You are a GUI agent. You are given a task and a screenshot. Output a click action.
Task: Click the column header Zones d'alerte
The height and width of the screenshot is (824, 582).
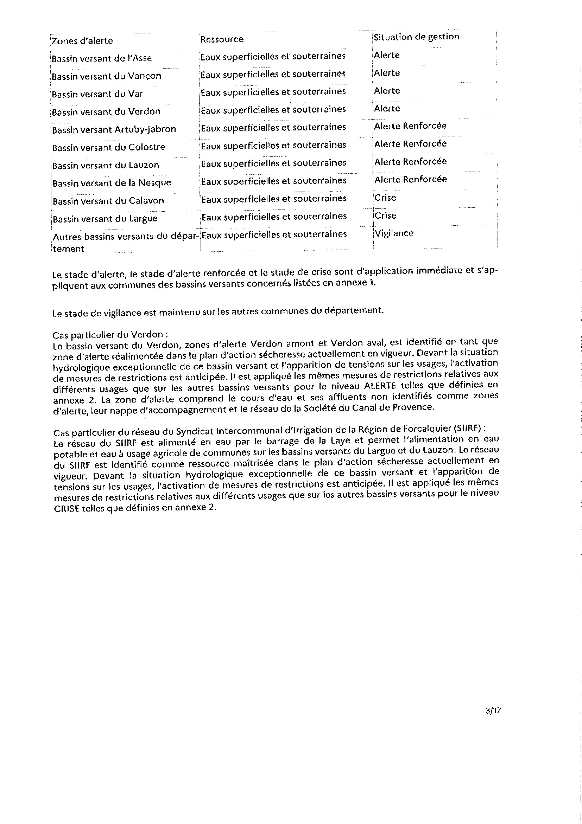[82, 41]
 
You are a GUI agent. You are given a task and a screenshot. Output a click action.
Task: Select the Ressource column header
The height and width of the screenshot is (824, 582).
[222, 39]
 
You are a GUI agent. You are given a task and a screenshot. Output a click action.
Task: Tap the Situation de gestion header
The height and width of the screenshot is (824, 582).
[416, 37]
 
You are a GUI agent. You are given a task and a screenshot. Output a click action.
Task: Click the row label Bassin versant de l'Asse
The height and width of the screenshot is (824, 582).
[102, 58]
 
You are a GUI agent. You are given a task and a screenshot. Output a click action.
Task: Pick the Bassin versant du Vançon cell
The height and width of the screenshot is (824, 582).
[106, 76]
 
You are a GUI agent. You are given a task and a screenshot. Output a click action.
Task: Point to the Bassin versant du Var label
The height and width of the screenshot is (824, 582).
[97, 94]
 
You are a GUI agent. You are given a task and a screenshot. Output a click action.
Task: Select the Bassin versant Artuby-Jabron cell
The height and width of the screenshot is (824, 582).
[114, 129]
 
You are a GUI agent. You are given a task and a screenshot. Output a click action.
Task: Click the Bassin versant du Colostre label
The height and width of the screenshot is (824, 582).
[108, 147]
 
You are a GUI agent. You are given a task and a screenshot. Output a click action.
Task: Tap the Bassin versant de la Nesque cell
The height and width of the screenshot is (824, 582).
[112, 183]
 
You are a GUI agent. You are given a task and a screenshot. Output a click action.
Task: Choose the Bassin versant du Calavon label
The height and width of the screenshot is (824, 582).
[108, 201]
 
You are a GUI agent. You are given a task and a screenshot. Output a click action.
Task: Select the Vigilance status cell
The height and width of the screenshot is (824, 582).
[394, 233]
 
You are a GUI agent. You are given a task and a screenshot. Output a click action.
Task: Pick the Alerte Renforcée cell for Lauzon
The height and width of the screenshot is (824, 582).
[410, 161]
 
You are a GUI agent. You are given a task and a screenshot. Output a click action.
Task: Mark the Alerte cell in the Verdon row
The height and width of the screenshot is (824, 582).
[387, 108]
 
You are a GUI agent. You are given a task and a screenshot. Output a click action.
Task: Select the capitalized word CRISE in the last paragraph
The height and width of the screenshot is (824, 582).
[66, 509]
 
